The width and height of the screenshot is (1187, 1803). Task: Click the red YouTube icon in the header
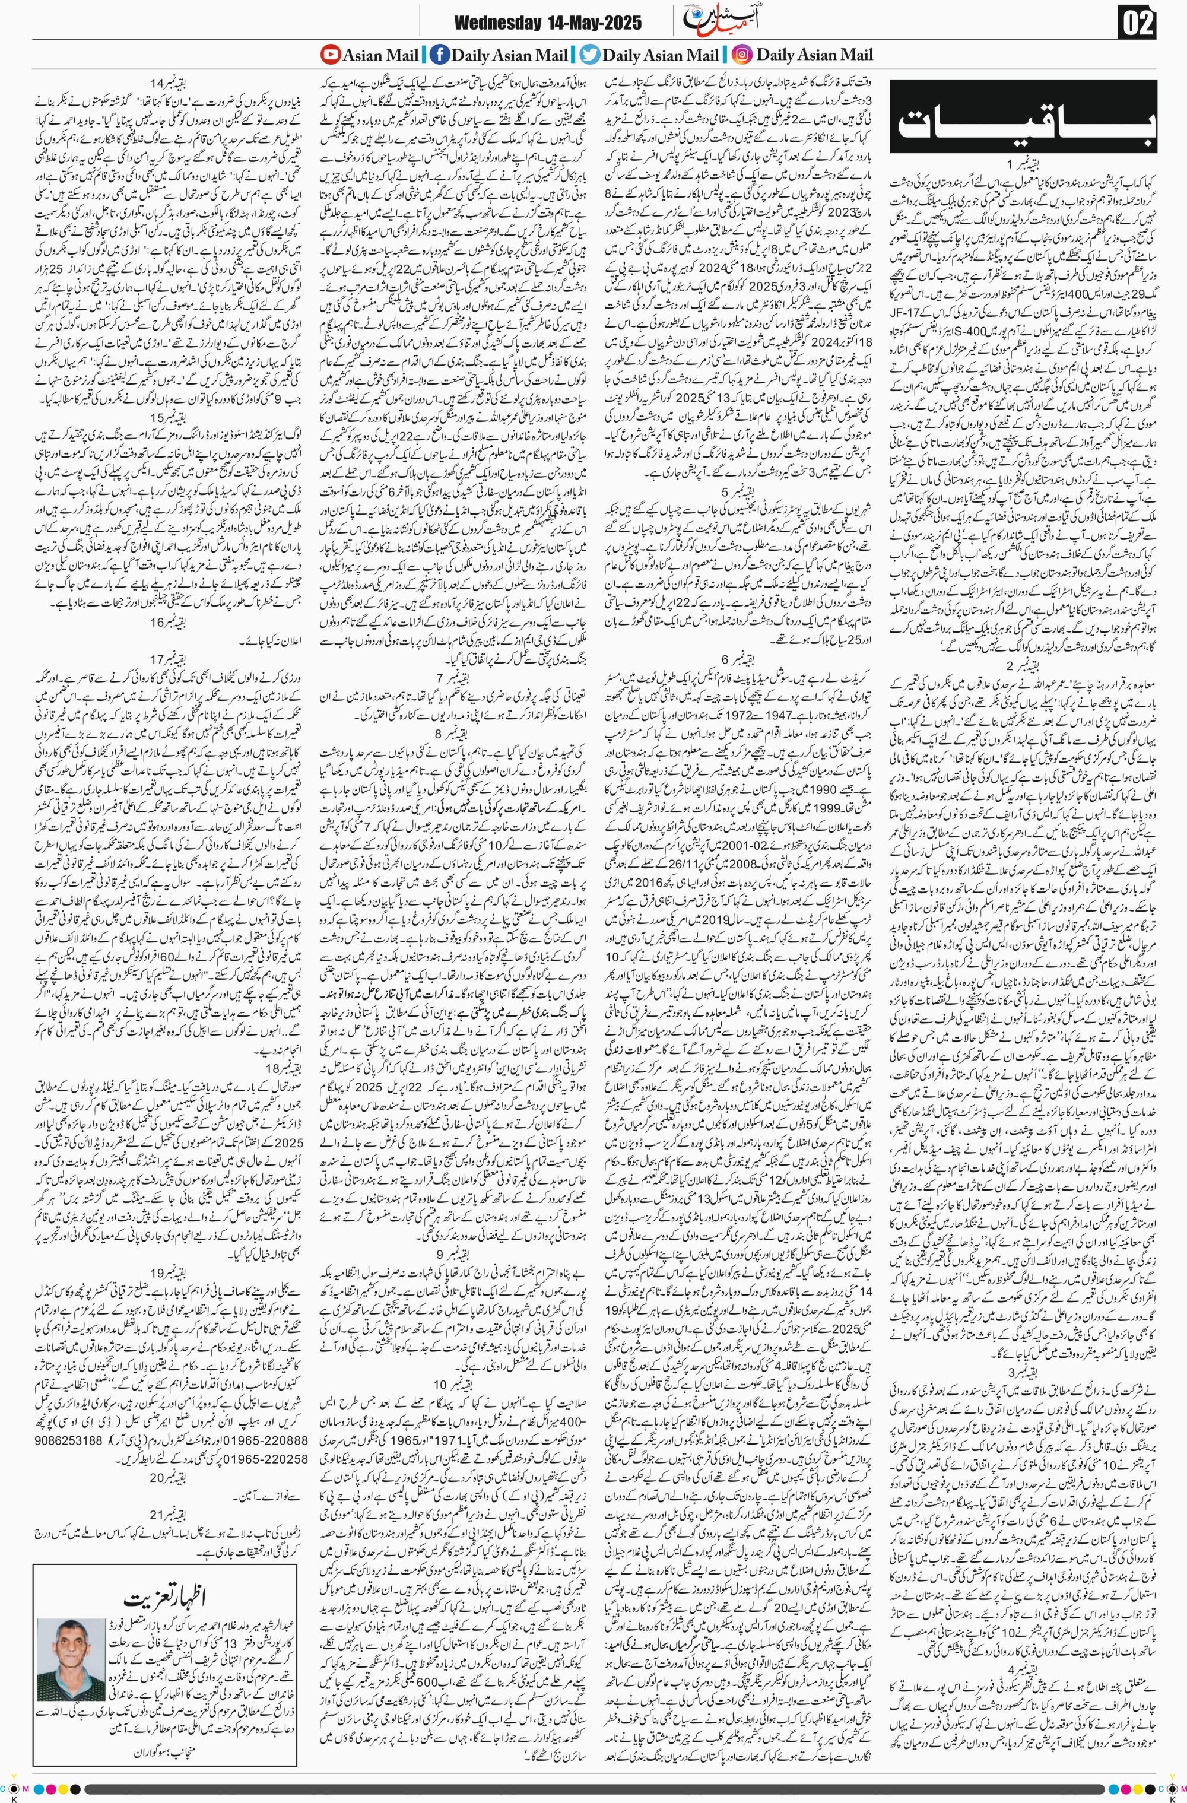coord(329,55)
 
